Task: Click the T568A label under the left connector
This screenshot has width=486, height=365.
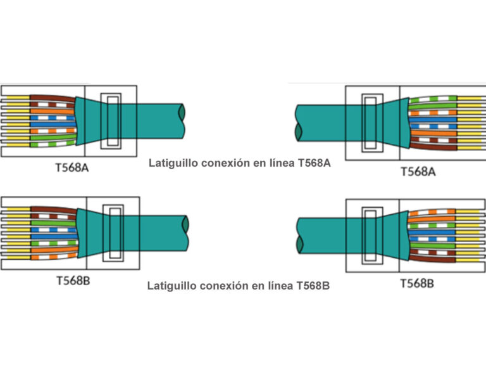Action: point(72,168)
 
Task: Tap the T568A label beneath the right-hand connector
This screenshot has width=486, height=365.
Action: point(418,172)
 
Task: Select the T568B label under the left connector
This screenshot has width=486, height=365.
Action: point(73,281)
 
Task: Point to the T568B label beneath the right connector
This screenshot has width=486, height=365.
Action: point(417,283)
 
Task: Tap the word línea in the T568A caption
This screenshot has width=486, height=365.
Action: point(281,163)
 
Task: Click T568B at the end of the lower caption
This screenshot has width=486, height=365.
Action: point(313,286)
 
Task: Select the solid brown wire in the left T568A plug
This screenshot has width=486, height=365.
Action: point(53,98)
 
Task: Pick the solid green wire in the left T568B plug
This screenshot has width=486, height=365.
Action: point(54,223)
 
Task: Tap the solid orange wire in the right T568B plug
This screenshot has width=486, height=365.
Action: point(432,219)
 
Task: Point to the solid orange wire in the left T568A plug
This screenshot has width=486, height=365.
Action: point(53,111)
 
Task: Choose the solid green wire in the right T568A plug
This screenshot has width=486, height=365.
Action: point(433,106)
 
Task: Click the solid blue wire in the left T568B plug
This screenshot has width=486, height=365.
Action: point(54,236)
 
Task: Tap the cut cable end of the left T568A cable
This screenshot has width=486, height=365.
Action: point(182,121)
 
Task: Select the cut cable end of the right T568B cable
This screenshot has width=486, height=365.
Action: point(299,236)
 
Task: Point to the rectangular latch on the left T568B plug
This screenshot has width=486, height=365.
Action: point(113,233)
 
